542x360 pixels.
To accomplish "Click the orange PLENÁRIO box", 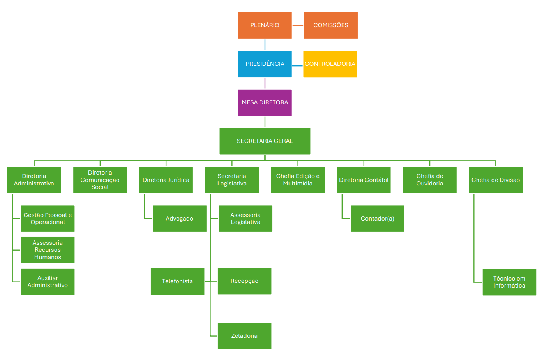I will pos(265,25).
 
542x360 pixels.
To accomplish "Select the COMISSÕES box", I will pos(330,25).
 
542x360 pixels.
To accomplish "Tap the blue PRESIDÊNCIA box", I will pos(265,64).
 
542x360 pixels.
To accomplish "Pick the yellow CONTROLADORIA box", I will pos(330,64).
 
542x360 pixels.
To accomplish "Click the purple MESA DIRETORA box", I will pos(265,102).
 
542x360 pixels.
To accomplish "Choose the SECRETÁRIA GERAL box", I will pos(265,141).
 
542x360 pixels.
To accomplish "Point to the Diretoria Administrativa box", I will pos(34,180).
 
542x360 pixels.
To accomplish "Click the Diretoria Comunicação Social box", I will pos(100,180).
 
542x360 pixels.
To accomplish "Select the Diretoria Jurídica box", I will pos(166,180).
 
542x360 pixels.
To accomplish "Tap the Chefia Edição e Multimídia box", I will pos(298,180).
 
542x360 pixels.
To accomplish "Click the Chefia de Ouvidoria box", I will pos(429,180).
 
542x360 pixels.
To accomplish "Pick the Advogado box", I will pos(179,219).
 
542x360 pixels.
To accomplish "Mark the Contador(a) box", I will pos(377,219).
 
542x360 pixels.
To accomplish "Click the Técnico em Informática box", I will pos(509,282).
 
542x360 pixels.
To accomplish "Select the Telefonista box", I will pos(177,281).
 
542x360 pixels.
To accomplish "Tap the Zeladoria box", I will pos(244,336).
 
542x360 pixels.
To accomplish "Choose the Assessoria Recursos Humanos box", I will pos(48,250).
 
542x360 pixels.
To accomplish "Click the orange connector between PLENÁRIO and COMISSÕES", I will pos(298,26).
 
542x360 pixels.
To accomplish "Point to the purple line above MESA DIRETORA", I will pos(265,83).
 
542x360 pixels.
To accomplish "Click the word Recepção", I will pos(244,281).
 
